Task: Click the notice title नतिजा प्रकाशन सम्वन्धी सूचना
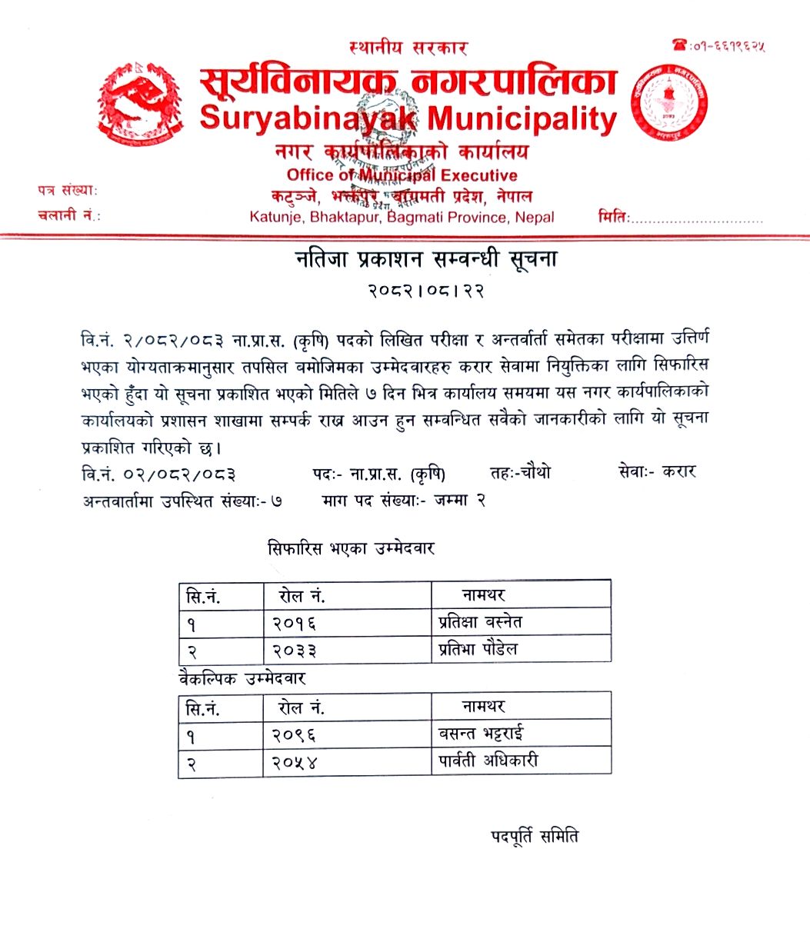click(426, 260)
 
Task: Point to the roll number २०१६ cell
click(295, 623)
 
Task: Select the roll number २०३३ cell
click(295, 651)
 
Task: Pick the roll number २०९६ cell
click(295, 734)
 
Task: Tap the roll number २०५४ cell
click(295, 762)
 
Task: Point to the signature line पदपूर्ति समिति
click(534, 835)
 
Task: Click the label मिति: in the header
click(614, 217)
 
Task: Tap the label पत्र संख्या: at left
click(67, 190)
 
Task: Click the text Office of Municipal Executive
click(402, 175)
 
